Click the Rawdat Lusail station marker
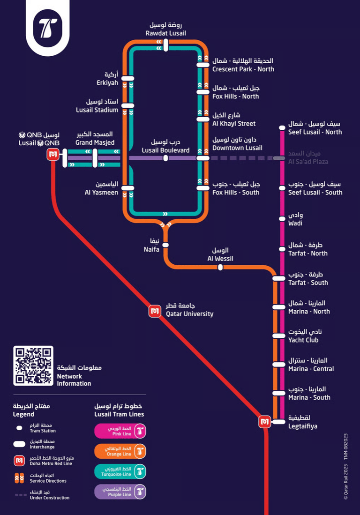coord(166,45)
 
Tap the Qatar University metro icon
coord(155,311)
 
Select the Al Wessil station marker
coord(220,268)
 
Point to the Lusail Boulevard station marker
coord(165,158)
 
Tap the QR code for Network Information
coord(33,366)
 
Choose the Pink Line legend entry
coord(120,431)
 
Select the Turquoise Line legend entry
coord(120,471)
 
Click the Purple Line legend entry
coord(120,492)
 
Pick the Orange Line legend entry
coord(120,451)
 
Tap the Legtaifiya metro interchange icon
coord(265,422)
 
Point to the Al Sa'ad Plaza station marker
coord(279,158)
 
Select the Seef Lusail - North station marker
coord(282,127)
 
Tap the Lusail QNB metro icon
coord(53,154)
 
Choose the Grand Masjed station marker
coord(95,158)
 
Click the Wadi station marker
coord(282,218)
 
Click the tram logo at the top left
coord(48,28)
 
